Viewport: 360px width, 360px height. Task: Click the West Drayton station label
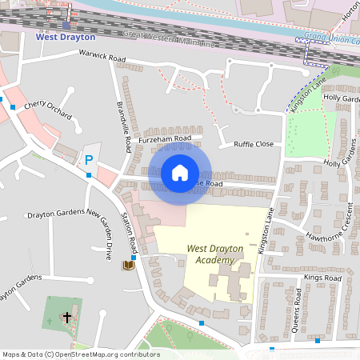pyautogui.click(x=65, y=38)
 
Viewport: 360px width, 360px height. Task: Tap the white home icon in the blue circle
pyautogui.click(x=180, y=173)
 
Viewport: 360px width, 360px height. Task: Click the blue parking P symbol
pyautogui.click(x=89, y=160)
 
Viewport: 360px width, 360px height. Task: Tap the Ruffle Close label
pyautogui.click(x=253, y=145)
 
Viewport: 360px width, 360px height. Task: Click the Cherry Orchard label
pyautogui.click(x=47, y=110)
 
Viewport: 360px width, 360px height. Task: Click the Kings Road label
pyautogui.click(x=322, y=278)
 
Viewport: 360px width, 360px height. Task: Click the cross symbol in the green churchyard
pyautogui.click(x=66, y=318)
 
